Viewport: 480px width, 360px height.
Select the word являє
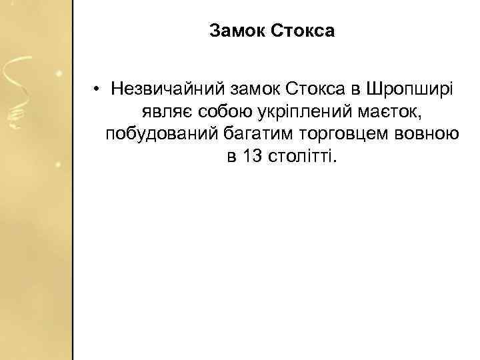click(161, 111)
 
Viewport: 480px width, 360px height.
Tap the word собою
click(215, 111)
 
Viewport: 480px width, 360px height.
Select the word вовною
click(425, 134)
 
